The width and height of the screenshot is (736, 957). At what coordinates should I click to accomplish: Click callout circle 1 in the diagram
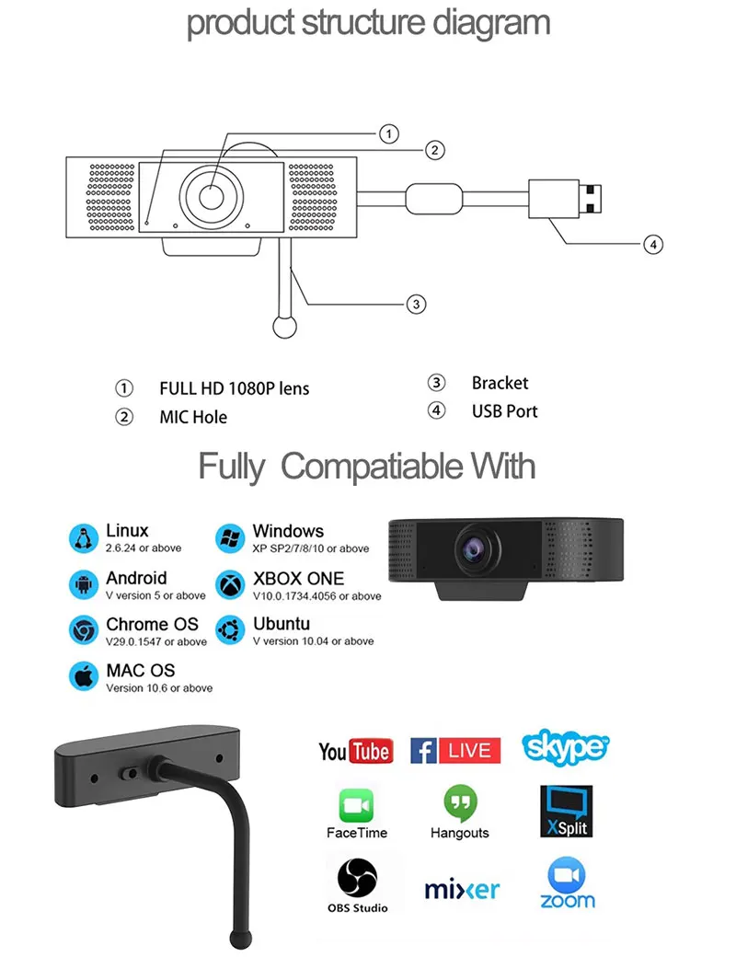coord(390,134)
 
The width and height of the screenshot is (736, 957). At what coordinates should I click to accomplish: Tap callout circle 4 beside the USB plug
coord(651,244)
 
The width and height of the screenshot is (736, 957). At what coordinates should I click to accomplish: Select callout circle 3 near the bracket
coord(416,304)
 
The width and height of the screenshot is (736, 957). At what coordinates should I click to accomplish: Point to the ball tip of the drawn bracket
coord(285,327)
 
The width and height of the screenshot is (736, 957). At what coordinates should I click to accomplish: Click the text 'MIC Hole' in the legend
coord(193,417)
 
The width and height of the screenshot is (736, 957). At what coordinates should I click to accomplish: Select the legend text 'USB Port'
coord(504,411)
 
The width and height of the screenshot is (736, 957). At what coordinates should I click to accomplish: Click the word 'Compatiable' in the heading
coord(371,467)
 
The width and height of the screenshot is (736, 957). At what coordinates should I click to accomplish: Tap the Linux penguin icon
coord(84,538)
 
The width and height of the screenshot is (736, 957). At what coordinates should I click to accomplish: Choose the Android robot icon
coord(84,584)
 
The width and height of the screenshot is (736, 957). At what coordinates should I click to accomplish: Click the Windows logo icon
coord(230,538)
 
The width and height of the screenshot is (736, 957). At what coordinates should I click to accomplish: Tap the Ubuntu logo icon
coord(230,630)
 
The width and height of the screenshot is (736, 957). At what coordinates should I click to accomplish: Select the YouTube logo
coord(356,751)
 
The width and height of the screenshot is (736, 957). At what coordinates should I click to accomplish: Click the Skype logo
coord(565,747)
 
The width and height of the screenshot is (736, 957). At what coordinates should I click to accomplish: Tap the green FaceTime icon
coord(357,806)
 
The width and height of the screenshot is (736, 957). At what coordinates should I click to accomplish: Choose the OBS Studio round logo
coord(357,877)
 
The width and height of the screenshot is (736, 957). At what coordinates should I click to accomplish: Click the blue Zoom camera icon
coord(567,872)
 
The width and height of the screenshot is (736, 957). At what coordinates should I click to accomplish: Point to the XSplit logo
coord(566,811)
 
